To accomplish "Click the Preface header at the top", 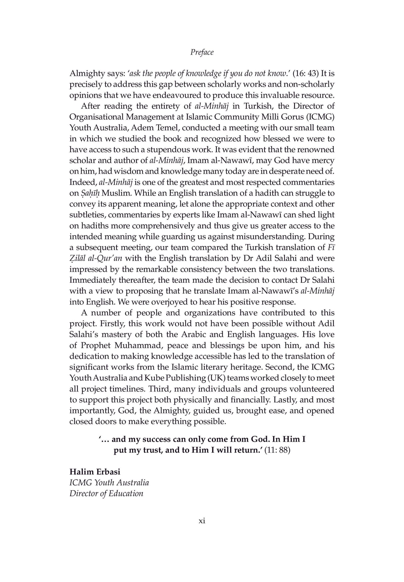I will pos(202,52).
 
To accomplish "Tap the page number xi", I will pos(202,521).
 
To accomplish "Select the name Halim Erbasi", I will pos(95,472).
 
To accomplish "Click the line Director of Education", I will pos(106,494).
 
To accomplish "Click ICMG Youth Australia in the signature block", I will pos(109,483).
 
